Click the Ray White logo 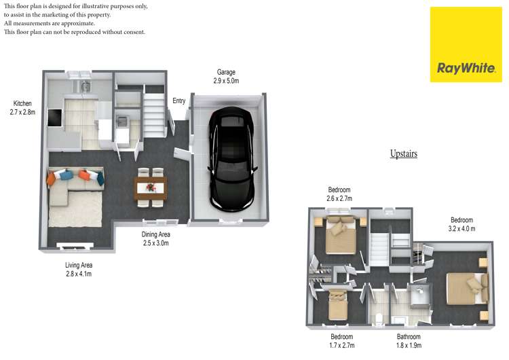[x=466, y=45]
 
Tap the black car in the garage [x=232, y=159]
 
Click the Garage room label [x=226, y=72]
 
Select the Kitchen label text [x=22, y=103]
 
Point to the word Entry [x=179, y=101]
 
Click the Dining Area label [x=156, y=234]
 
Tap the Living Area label [x=79, y=265]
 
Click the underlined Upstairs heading [x=404, y=154]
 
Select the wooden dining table [x=151, y=187]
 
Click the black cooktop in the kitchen [x=54, y=118]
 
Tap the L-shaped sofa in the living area [x=71, y=185]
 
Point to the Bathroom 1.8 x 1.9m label [x=409, y=341]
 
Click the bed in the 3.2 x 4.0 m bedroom [x=468, y=289]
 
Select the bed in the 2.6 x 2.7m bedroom [x=341, y=235]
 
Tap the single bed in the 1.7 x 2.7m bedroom [x=338, y=305]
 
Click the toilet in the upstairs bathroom [x=379, y=318]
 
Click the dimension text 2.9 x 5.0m [x=226, y=81]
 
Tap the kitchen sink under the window [x=86, y=86]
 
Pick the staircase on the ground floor [x=153, y=115]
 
